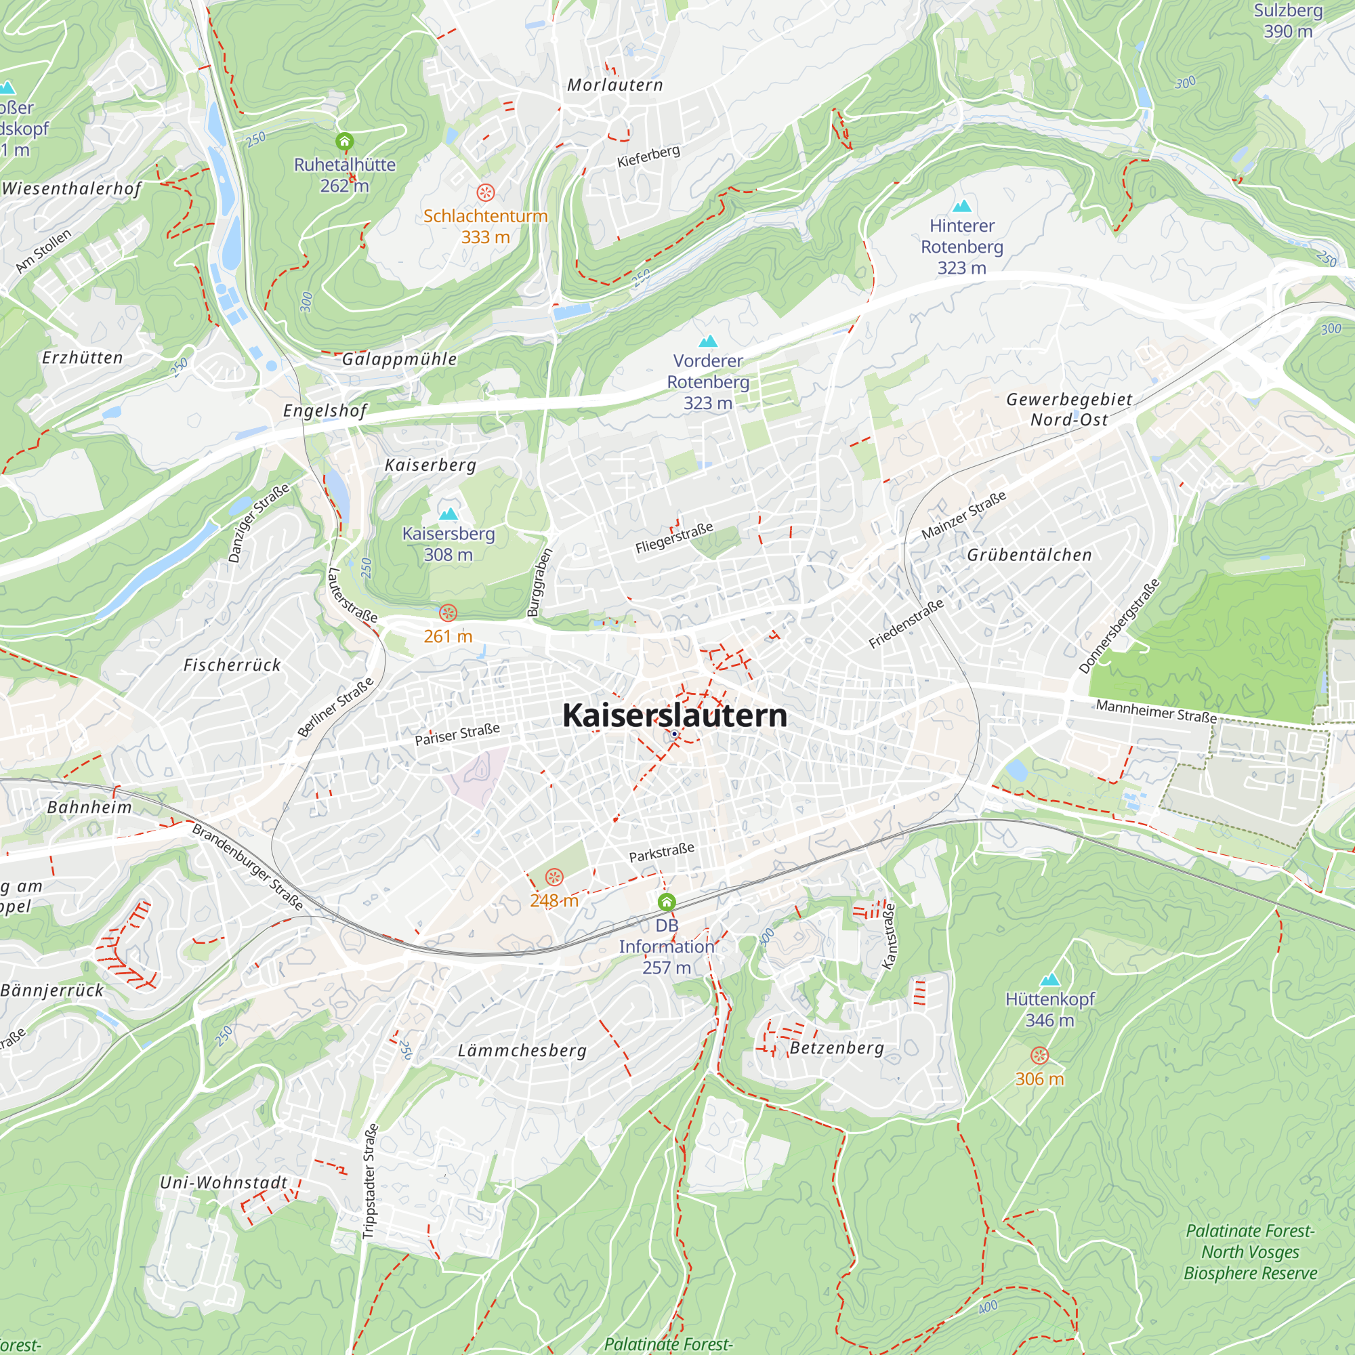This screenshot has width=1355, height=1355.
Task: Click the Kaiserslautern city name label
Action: [x=675, y=715]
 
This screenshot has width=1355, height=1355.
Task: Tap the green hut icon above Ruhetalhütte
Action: [x=343, y=142]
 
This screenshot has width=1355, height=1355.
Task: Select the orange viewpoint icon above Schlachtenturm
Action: [x=485, y=192]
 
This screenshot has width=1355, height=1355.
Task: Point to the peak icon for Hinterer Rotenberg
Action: [x=961, y=205]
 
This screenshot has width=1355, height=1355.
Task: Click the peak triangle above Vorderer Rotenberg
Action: [x=708, y=341]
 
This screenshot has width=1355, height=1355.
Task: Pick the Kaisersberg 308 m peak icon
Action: [x=448, y=514]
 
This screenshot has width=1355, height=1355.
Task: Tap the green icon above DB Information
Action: [x=666, y=902]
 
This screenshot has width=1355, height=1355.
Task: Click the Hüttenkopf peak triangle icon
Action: [x=1049, y=980]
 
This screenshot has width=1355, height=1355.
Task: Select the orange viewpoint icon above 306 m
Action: [x=1039, y=1056]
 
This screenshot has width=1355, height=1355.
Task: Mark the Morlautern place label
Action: [x=614, y=85]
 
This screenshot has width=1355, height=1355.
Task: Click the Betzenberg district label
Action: [x=837, y=1048]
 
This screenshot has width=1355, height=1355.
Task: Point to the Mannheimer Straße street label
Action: [x=1156, y=711]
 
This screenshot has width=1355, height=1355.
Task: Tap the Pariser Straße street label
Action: [x=457, y=734]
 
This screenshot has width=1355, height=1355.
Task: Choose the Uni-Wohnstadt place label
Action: [x=224, y=1182]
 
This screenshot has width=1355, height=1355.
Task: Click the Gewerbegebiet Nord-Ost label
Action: [x=1069, y=409]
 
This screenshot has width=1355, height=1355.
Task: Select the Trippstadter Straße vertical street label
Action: [x=371, y=1181]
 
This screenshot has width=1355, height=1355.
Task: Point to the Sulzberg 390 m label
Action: [x=1288, y=21]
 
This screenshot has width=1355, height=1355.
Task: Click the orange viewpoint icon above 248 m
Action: [x=554, y=877]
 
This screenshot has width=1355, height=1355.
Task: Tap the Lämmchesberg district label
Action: [x=522, y=1051]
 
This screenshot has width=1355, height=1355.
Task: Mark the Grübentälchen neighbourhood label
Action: [x=1029, y=555]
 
